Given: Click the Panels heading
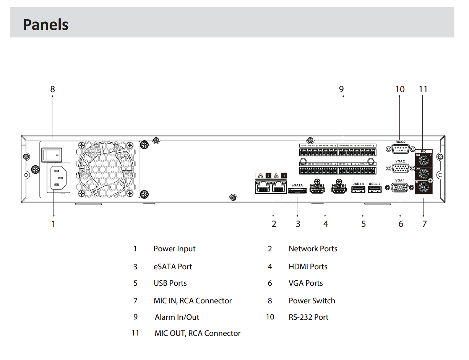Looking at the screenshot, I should coord(45,24).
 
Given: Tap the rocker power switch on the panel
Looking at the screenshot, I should coord(51,155).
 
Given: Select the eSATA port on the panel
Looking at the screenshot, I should coord(297,191).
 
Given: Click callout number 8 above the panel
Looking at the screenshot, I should coord(52,89).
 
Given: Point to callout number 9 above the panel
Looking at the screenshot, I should coord(341,89).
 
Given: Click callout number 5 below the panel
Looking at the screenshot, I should coord(364,224).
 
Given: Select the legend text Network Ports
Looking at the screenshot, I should coord(313,249).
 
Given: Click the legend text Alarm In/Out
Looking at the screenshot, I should coord(177,317).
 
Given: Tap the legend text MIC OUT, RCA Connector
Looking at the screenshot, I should coord(198,333).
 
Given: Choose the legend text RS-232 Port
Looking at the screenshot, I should coord(308,317).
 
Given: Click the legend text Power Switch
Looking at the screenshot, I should coord(312,301).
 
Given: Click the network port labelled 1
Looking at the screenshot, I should coord(279,187).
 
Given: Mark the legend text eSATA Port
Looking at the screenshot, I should coord(173,267).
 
